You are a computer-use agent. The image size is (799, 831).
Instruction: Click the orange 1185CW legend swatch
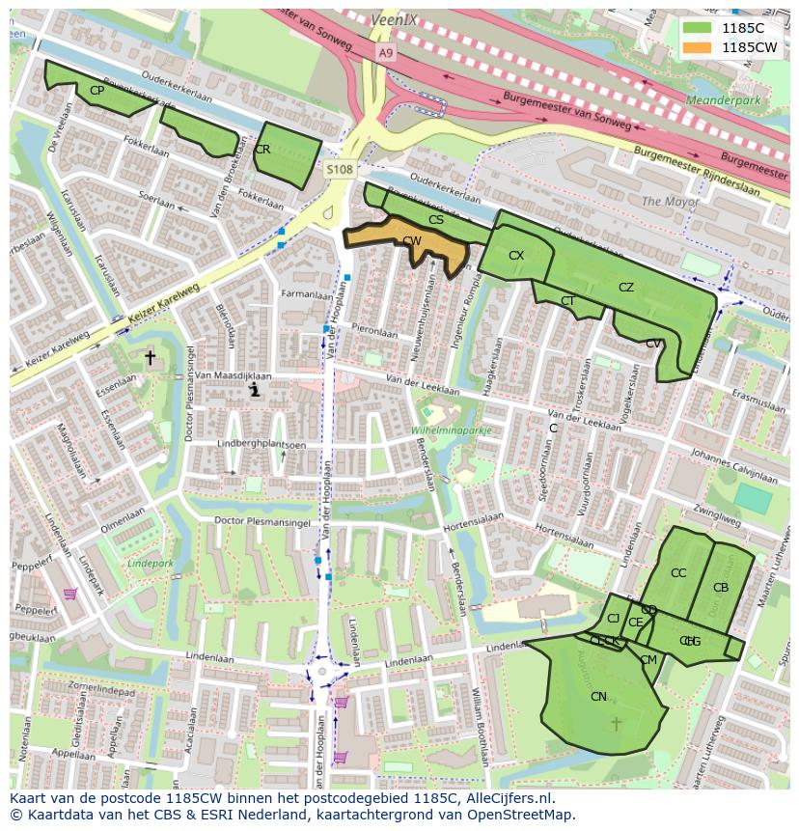point(696,47)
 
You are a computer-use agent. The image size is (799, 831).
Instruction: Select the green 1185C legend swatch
point(696,28)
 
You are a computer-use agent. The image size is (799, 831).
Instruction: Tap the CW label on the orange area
point(412,241)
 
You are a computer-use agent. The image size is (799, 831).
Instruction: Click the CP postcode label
point(96,91)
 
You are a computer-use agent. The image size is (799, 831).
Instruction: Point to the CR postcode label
point(262,150)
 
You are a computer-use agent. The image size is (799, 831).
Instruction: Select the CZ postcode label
point(626,288)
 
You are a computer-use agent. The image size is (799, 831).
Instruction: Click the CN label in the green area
point(598,697)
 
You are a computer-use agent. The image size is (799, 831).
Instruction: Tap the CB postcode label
point(721,588)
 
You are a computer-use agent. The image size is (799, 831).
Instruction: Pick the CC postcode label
point(678,573)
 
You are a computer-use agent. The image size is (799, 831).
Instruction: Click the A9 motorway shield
point(386,53)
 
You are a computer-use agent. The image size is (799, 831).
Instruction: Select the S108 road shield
point(340,170)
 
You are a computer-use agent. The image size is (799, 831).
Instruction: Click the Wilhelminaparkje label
point(452,430)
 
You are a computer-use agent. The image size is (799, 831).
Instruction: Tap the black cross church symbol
point(150,358)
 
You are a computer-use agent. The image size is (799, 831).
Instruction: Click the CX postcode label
point(516,256)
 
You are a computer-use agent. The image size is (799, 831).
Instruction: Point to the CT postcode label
point(568,301)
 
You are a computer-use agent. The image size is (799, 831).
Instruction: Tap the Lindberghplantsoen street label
point(261,445)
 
